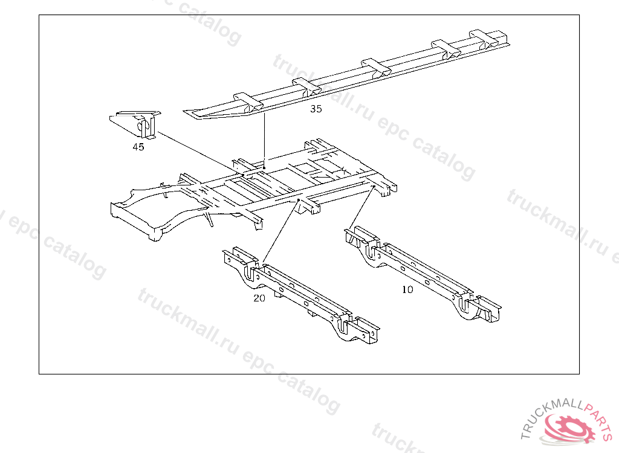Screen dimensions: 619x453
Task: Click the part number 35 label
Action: click(x=316, y=109)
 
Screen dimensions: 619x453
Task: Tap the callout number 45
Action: click(x=138, y=147)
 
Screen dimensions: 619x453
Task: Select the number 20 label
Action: click(x=259, y=298)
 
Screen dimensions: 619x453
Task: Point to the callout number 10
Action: click(x=407, y=290)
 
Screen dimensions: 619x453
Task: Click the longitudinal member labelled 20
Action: click(x=302, y=296)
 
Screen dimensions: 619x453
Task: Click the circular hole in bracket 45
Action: click(x=144, y=127)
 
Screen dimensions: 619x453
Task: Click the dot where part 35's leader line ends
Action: click(x=265, y=166)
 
